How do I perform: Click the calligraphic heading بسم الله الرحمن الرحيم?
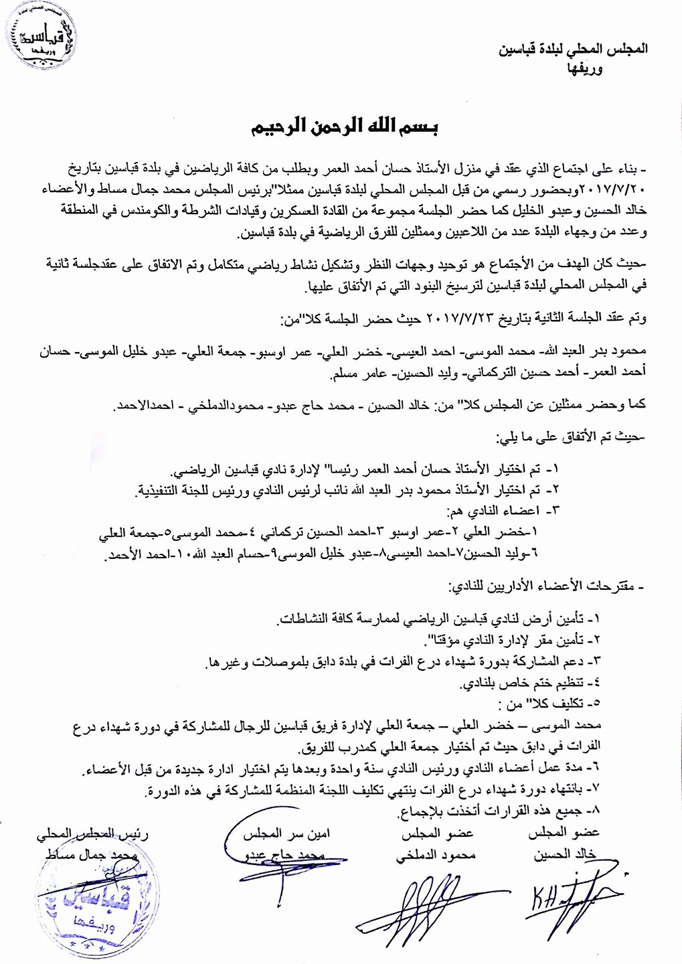pos(342,127)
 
